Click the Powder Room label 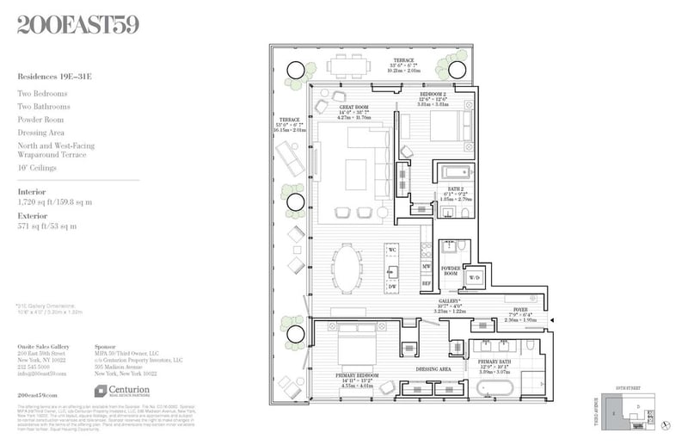(x=451, y=270)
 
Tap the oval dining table (x=347, y=269)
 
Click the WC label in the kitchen (x=392, y=250)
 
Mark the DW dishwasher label (x=391, y=287)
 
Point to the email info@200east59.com (x=42, y=374)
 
